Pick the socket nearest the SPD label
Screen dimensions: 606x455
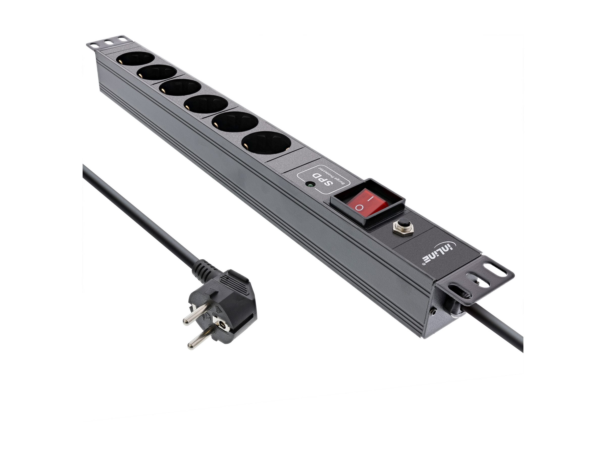tap(267, 145)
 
